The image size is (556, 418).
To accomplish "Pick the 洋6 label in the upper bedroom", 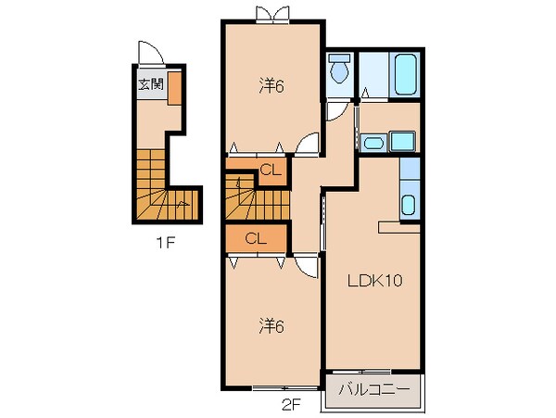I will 271,86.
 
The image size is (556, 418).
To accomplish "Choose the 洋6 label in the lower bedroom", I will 271,325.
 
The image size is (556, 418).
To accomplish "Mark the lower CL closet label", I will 257,238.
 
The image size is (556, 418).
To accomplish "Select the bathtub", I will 405,74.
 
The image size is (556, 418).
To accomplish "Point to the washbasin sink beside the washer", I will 373,143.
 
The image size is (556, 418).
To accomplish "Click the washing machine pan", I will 403,142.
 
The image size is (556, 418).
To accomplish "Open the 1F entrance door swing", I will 149,53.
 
